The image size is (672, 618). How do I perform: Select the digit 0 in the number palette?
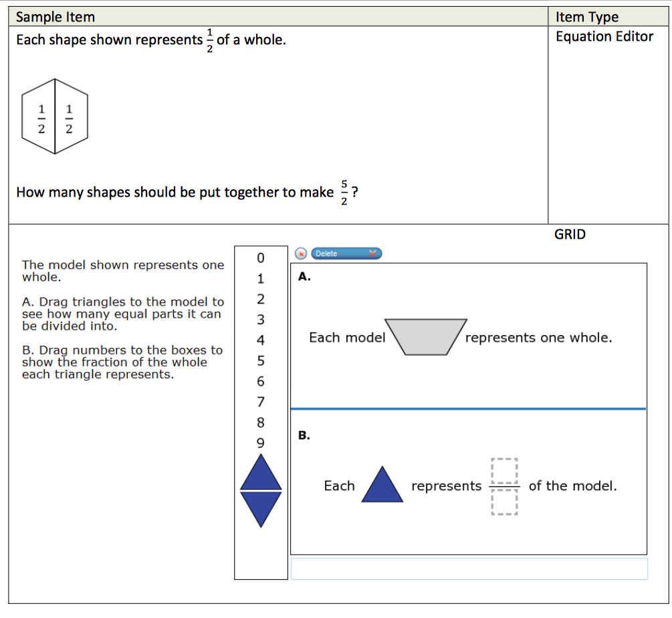261,258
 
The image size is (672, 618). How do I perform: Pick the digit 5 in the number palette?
261,361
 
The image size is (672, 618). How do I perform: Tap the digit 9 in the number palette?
261,443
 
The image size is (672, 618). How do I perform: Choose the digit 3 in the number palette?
261,320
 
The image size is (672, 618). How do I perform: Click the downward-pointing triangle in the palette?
261,507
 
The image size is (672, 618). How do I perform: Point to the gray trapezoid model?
425,336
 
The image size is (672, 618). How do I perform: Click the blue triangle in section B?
382,486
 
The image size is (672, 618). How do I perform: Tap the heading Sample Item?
55,17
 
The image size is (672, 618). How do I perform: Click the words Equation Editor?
604,37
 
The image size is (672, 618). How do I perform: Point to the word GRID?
570,234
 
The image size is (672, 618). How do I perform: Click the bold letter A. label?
305,276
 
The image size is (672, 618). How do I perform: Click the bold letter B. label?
304,435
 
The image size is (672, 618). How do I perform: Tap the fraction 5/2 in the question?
344,193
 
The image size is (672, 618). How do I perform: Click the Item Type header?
587,17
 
